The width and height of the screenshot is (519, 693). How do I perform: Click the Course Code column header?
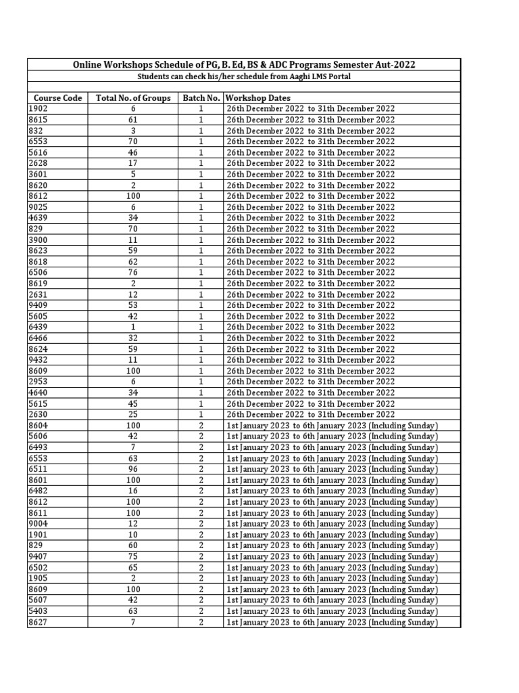point(57,98)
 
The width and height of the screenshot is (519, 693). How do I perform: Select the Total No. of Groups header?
point(133,98)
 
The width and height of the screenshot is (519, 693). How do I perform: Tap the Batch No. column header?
point(201,98)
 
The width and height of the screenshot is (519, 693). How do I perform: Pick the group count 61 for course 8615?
point(133,120)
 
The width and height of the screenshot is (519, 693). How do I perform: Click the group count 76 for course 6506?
point(133,273)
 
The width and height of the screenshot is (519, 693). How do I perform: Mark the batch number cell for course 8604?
point(201,426)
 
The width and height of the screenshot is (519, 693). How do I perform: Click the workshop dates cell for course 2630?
point(310,414)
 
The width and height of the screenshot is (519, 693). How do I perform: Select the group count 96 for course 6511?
point(133,469)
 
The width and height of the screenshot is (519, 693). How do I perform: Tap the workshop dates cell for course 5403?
point(332,611)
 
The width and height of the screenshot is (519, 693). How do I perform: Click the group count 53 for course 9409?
point(133,305)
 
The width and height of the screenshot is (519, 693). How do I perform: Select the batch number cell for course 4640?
point(201,393)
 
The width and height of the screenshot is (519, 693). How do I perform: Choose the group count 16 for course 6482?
point(133,491)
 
